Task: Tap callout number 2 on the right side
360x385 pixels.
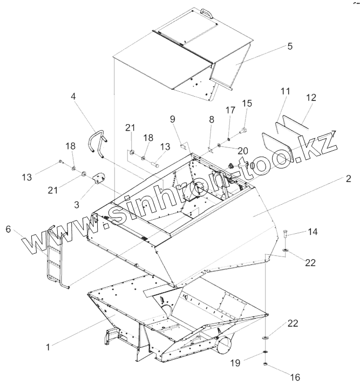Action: (x=349, y=179)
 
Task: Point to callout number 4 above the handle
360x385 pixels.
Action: (x=74, y=97)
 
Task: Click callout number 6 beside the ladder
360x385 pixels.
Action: (x=8, y=229)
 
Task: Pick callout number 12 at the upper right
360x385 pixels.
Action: (x=311, y=97)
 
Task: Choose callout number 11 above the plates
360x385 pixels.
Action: (x=285, y=92)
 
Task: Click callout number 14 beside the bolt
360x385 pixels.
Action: (x=313, y=232)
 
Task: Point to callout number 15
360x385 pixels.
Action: (x=247, y=103)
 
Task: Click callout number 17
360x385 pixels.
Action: (x=230, y=110)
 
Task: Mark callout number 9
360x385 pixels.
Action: (x=173, y=118)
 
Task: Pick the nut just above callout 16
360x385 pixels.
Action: (x=267, y=364)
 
